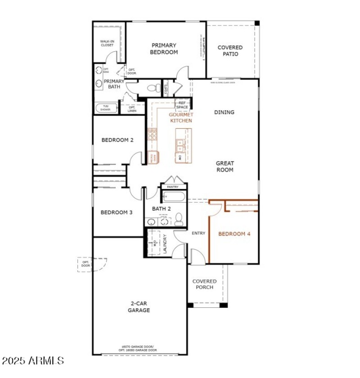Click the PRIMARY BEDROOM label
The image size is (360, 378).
164,49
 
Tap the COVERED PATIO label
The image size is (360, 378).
230,51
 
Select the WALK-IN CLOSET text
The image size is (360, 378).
107,43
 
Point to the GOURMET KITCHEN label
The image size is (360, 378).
180,117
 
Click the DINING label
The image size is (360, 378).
224,112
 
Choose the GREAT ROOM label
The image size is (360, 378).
225,166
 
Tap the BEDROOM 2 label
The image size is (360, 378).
117,140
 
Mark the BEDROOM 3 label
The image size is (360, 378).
116,212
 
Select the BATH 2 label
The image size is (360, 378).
162,209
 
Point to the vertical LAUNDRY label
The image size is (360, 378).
165,244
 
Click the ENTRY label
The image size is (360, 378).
198,233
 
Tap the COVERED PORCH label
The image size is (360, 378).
204,284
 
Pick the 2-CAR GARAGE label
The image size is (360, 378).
139,307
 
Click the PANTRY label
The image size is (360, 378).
173,187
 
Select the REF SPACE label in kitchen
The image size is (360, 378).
182,105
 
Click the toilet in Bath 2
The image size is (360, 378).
179,219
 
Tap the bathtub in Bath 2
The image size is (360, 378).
173,197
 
